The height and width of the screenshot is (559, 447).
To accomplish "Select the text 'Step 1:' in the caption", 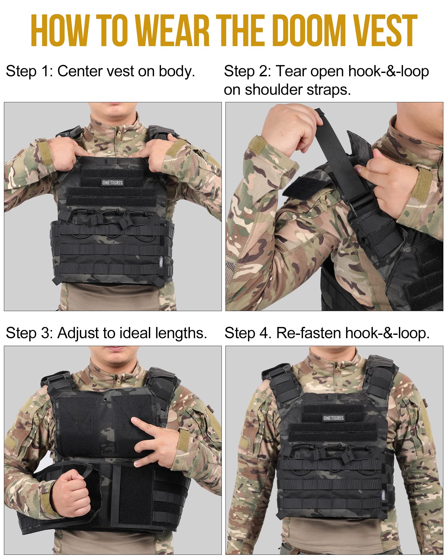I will [x=29, y=72].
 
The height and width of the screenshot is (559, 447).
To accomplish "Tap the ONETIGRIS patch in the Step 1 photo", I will [x=112, y=183].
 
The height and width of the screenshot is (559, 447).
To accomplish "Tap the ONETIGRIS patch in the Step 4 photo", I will [x=333, y=418].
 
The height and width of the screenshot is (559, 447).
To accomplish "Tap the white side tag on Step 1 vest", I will [x=161, y=261].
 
